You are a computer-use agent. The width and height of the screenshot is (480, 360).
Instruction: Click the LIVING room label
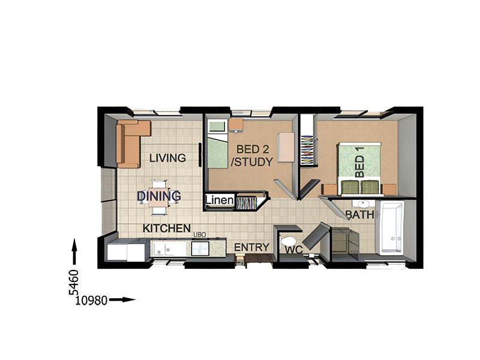(167, 158)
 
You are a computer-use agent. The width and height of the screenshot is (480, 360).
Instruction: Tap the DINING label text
(159, 196)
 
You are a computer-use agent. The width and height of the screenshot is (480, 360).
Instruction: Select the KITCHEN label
(167, 229)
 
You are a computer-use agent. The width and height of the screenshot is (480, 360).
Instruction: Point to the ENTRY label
(251, 247)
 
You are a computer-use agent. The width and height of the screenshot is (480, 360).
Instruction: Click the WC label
(294, 250)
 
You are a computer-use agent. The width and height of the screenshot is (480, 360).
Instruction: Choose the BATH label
(360, 215)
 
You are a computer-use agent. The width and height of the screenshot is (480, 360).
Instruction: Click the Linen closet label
(219, 200)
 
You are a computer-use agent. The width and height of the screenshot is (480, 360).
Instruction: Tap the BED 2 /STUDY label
(252, 155)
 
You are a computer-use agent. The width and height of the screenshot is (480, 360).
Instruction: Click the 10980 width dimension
(91, 301)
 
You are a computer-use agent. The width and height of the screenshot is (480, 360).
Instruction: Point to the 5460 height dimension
(73, 282)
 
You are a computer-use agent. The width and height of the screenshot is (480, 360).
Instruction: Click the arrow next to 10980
(122, 299)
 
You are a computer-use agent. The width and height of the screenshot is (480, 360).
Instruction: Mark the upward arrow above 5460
(74, 251)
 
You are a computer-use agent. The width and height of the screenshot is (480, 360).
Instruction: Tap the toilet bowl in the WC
(287, 241)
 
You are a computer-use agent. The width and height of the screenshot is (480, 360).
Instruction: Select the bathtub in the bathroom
(391, 228)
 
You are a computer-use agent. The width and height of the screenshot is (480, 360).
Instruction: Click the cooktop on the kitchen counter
(200, 248)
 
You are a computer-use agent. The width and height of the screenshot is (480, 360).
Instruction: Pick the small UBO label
(200, 235)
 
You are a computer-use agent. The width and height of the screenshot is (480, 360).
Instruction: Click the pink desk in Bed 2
(286, 147)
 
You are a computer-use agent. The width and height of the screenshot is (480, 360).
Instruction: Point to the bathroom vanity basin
(363, 203)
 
